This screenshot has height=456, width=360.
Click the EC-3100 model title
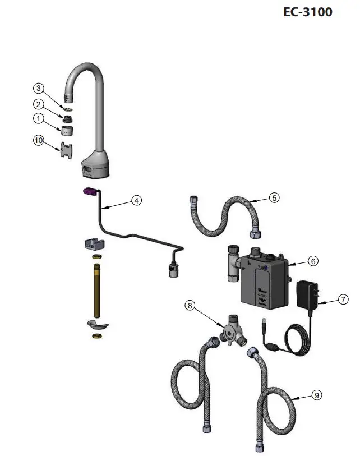tap(308, 11)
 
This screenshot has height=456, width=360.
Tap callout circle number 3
tap(38, 89)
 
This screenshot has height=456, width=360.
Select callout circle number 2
tap(38, 104)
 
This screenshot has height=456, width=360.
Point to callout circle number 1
tap(38, 119)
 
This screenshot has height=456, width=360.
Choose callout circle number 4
tap(137, 200)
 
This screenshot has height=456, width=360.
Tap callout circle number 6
tap(313, 261)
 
